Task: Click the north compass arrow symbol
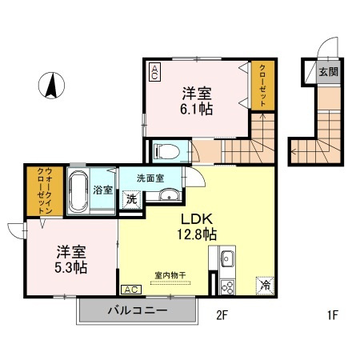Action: pyautogui.click(x=51, y=86)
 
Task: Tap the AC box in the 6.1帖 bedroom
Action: pyautogui.click(x=154, y=72)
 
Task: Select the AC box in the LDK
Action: pyautogui.click(x=131, y=290)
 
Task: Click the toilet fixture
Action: pyautogui.click(x=167, y=151)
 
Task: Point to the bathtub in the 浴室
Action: pyautogui.click(x=78, y=190)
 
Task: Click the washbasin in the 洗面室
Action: pyautogui.click(x=169, y=194)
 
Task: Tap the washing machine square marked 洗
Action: pyautogui.click(x=131, y=199)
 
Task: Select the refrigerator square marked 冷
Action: pyautogui.click(x=265, y=286)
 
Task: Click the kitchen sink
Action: pyautogui.click(x=227, y=258)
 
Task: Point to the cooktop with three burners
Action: pyautogui.click(x=227, y=287)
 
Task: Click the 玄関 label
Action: pyautogui.click(x=329, y=72)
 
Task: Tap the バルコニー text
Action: pyautogui.click(x=138, y=310)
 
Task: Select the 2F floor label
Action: pyautogui.click(x=222, y=315)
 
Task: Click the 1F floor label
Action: pyautogui.click(x=333, y=315)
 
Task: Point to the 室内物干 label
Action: pyautogui.click(x=170, y=275)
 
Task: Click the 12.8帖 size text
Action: pyautogui.click(x=197, y=234)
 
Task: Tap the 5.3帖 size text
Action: pyautogui.click(x=71, y=267)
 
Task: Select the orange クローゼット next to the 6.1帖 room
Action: pyautogui.click(x=263, y=86)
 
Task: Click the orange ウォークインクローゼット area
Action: pyautogui.click(x=45, y=191)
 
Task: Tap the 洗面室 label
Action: pyautogui.click(x=150, y=178)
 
